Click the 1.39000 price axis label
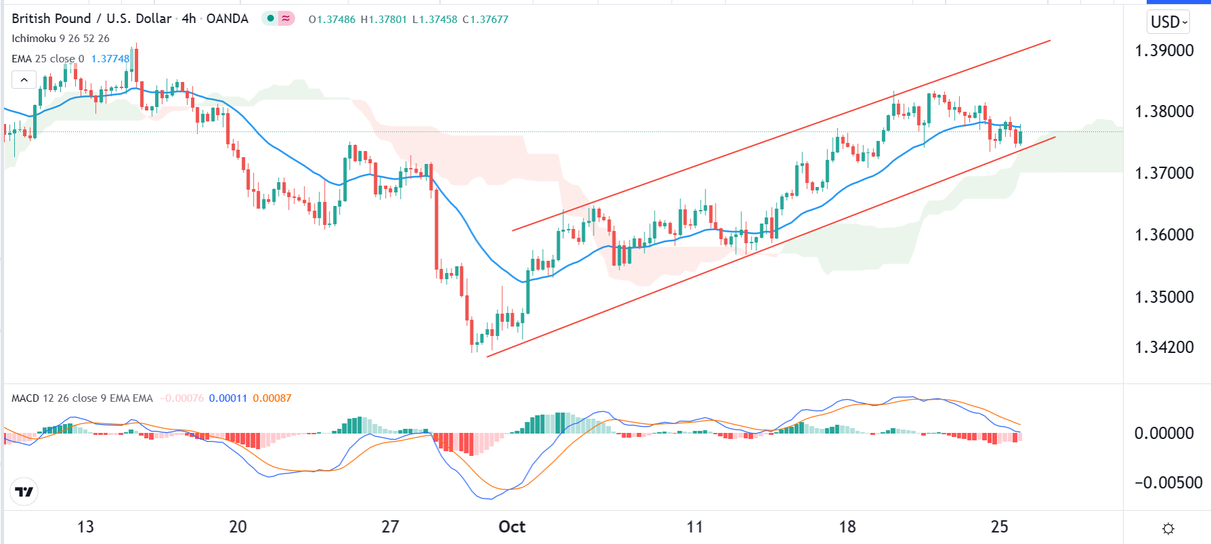click(1164, 50)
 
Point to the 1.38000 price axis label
click(1164, 111)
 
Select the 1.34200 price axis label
click(1164, 348)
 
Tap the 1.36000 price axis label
click(1164, 235)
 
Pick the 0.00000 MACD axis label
click(1164, 433)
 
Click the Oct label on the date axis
click(512, 527)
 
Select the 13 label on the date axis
click(85, 527)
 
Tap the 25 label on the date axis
click(999, 527)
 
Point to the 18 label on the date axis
click(847, 527)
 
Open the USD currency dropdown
click(1169, 22)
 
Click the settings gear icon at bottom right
click(1168, 528)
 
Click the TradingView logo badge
click(24, 492)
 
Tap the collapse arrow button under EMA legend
click(24, 80)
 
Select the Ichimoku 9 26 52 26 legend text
click(60, 39)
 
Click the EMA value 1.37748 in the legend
click(110, 59)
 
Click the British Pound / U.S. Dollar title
click(91, 19)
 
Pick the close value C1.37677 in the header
click(485, 20)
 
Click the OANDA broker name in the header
click(227, 19)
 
